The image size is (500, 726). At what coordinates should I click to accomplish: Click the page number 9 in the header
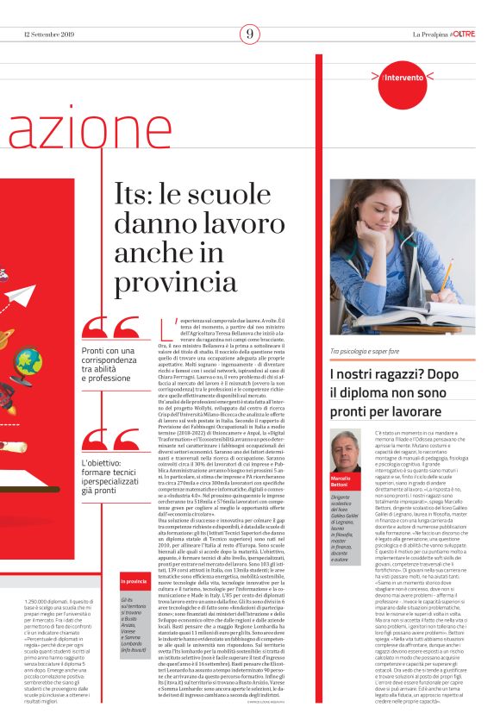(x=250, y=34)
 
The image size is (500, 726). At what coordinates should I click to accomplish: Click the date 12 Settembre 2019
(x=48, y=34)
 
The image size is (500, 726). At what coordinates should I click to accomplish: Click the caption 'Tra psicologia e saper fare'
(x=369, y=352)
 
